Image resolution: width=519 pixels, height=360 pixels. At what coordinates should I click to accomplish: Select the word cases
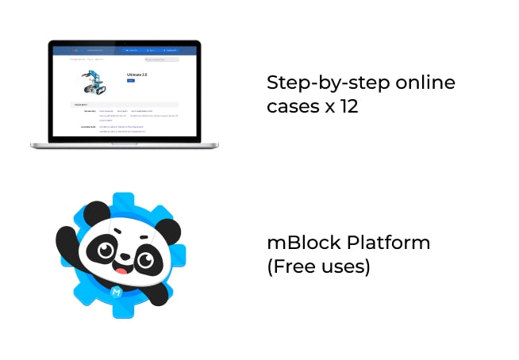click(291, 105)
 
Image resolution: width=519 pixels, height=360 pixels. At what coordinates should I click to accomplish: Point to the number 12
click(348, 105)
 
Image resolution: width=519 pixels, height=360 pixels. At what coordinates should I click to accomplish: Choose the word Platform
click(391, 243)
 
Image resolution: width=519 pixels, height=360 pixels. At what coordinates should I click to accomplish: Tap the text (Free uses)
click(318, 266)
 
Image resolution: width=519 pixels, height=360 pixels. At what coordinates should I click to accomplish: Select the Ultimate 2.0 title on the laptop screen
click(136, 74)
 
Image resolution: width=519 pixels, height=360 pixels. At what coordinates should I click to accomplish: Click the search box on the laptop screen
click(161, 59)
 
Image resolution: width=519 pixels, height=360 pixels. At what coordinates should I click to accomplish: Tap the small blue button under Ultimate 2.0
click(130, 80)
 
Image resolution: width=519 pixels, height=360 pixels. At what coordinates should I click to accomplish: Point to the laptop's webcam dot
click(124, 43)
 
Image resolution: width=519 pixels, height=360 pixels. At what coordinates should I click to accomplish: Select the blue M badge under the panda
click(127, 292)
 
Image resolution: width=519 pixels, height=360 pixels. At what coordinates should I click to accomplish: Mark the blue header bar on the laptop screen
click(124, 50)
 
